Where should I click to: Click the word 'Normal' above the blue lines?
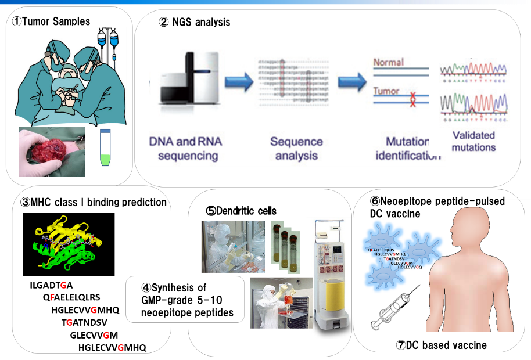point(388,62)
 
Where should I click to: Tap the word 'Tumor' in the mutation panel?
point(386,91)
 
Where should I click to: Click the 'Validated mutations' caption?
point(473,141)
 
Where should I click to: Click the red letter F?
point(52,297)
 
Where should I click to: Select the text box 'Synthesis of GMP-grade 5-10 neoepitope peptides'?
point(185,300)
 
